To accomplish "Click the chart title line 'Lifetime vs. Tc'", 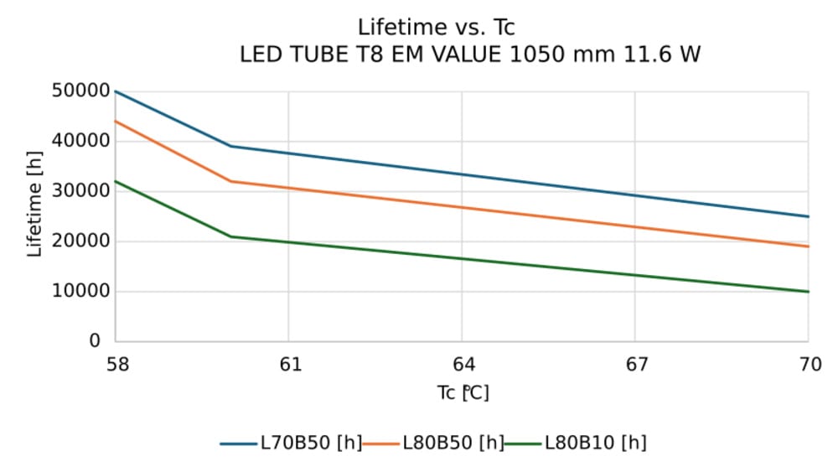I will click(436, 27).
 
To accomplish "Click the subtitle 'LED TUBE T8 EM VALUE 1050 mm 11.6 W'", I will click(469, 55).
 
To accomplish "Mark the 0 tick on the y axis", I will click(95, 341).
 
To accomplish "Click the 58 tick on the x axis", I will click(116, 364).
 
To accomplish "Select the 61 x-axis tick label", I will click(289, 364).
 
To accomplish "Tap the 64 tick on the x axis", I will click(463, 364).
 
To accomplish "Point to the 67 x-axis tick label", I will click(636, 364).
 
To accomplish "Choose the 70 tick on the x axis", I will click(809, 364).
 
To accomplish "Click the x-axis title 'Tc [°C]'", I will click(463, 392).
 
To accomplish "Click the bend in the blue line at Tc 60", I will click(231, 146).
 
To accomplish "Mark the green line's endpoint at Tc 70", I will click(809, 292).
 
